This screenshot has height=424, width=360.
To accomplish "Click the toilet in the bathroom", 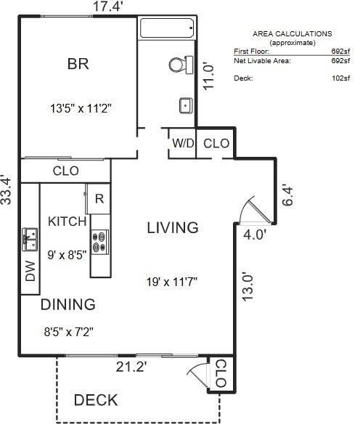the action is [x=181, y=65].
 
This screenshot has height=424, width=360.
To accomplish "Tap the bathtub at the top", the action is [x=167, y=28].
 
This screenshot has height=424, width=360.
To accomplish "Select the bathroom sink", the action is [x=186, y=105].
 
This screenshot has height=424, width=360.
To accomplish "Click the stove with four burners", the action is [x=100, y=242].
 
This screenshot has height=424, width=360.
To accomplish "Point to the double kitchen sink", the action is [x=30, y=240].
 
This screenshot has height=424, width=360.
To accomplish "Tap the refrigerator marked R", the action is [x=99, y=199].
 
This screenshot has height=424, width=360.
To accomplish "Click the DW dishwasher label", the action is [x=30, y=271].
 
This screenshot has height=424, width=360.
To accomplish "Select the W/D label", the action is [x=183, y=143].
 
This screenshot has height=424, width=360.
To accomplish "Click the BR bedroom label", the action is [x=78, y=64].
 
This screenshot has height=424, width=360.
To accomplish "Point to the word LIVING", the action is [x=173, y=228].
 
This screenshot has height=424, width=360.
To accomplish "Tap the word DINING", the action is [x=67, y=304].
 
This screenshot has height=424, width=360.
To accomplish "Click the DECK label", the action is [x=96, y=400].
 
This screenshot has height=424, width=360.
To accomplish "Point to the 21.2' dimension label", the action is [x=131, y=367].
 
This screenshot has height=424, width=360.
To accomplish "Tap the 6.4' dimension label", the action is [x=287, y=196].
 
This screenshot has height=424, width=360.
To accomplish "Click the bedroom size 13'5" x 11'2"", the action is [x=81, y=109].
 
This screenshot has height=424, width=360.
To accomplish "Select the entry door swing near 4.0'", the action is [x=255, y=210].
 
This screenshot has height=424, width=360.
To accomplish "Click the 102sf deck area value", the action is [x=340, y=78].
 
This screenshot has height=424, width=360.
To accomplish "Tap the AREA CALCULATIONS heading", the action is [x=292, y=34].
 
